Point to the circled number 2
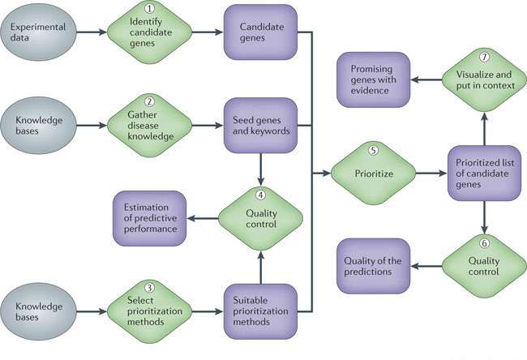point(149,103)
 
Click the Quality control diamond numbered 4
point(260,216)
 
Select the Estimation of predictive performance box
point(148,216)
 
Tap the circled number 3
point(149,288)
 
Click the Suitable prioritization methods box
point(260,311)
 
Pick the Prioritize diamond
point(373,173)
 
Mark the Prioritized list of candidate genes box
point(483,173)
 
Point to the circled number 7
point(484,58)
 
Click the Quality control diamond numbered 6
point(484,266)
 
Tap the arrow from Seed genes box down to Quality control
point(260,168)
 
